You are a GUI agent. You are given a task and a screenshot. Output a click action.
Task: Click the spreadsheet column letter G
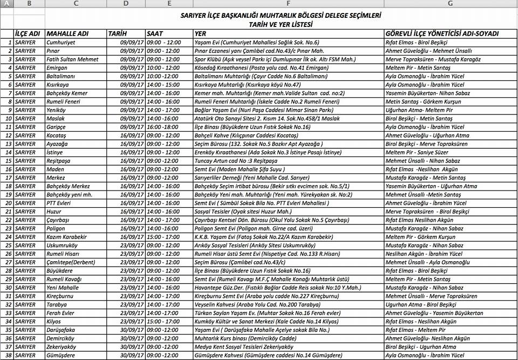tap(449, 4)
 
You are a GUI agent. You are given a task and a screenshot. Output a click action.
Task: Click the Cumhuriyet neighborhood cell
tap(61, 42)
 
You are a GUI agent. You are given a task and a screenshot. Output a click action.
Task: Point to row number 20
tap(7, 203)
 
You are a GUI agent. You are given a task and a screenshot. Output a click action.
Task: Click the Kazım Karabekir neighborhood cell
tap(67, 236)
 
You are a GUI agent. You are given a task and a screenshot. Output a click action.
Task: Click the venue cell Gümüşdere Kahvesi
tap(268, 355)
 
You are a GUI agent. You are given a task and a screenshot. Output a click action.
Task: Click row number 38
tap(7, 355)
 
